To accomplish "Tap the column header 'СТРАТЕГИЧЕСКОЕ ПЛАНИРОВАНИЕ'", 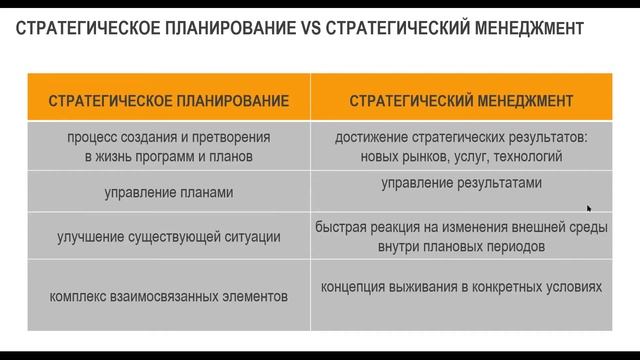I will click(x=169, y=100).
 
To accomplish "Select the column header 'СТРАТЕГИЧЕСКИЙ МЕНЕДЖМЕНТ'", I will click(x=461, y=100).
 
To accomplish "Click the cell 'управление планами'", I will click(x=169, y=192).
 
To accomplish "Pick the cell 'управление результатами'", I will click(x=461, y=183).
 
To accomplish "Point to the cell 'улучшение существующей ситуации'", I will click(x=169, y=237).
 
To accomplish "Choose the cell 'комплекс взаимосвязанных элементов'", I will click(x=169, y=296).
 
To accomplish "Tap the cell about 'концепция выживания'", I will click(x=461, y=287).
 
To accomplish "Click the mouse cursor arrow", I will click(x=589, y=208).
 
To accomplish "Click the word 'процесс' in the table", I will click(x=91, y=138).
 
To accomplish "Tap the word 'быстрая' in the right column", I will click(x=340, y=227).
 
